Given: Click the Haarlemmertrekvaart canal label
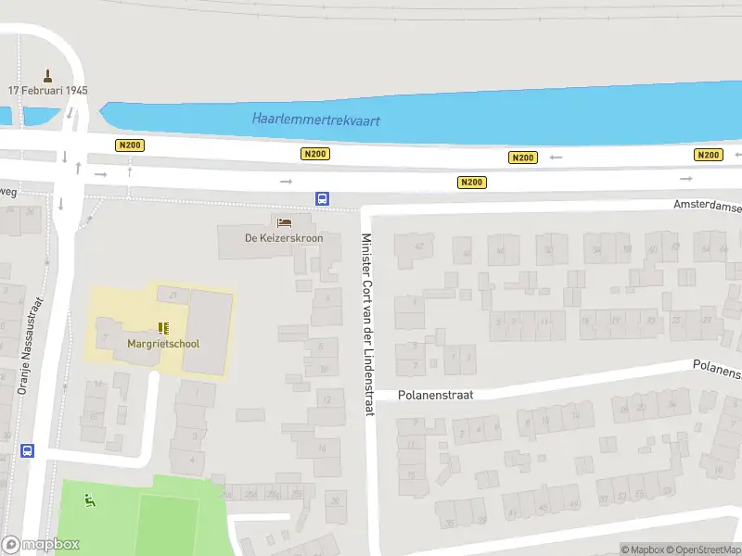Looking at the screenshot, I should coord(316,120).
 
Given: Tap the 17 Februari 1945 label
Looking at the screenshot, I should coord(47,91).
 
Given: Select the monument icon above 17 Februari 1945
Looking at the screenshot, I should coord(48,74).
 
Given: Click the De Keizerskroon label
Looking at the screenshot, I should coord(284,238).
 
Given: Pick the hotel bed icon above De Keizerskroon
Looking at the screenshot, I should coord(284,222).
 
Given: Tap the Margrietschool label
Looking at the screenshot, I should coord(163,344).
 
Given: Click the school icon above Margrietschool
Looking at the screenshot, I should coord(163,327).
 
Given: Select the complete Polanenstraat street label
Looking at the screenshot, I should coord(436,395).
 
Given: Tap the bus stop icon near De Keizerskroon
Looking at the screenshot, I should coord(322,198).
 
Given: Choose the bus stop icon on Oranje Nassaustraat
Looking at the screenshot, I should coord(28,451).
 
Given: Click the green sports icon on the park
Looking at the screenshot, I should coord(89,501).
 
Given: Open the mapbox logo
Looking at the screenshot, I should coord(41,545).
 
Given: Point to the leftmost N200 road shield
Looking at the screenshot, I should coord(129,145).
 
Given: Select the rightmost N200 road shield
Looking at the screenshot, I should coord(708,155).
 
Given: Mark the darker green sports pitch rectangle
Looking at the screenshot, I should coord(168,524).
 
